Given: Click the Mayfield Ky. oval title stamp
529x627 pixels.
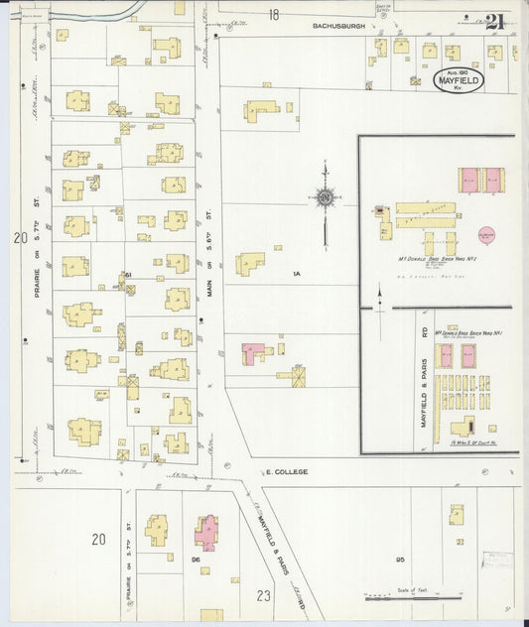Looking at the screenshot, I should [x=459, y=79].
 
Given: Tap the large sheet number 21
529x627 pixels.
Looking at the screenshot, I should [x=496, y=21].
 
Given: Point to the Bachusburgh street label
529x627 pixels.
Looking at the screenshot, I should [x=338, y=26].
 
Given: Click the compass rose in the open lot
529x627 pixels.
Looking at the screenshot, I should [x=325, y=198].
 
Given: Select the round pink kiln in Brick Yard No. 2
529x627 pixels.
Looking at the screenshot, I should [x=486, y=234].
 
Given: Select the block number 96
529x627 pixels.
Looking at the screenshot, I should [x=197, y=561].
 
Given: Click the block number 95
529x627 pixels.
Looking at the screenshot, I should [x=401, y=561].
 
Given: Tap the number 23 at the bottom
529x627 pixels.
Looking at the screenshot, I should [x=262, y=596].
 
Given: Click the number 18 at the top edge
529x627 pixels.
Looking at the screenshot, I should [x=273, y=14].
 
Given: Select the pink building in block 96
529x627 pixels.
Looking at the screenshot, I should [x=206, y=532].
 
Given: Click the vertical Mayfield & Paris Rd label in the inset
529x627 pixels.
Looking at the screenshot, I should [x=424, y=368].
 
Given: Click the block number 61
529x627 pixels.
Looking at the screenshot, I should [x=128, y=275].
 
